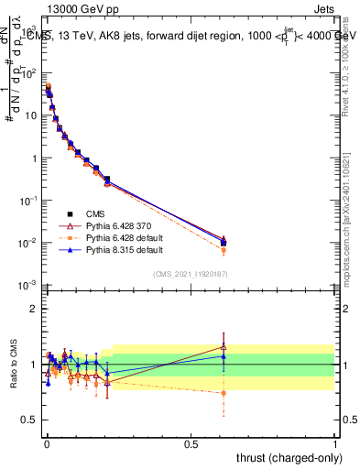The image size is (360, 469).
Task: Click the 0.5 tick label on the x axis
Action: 191,443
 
